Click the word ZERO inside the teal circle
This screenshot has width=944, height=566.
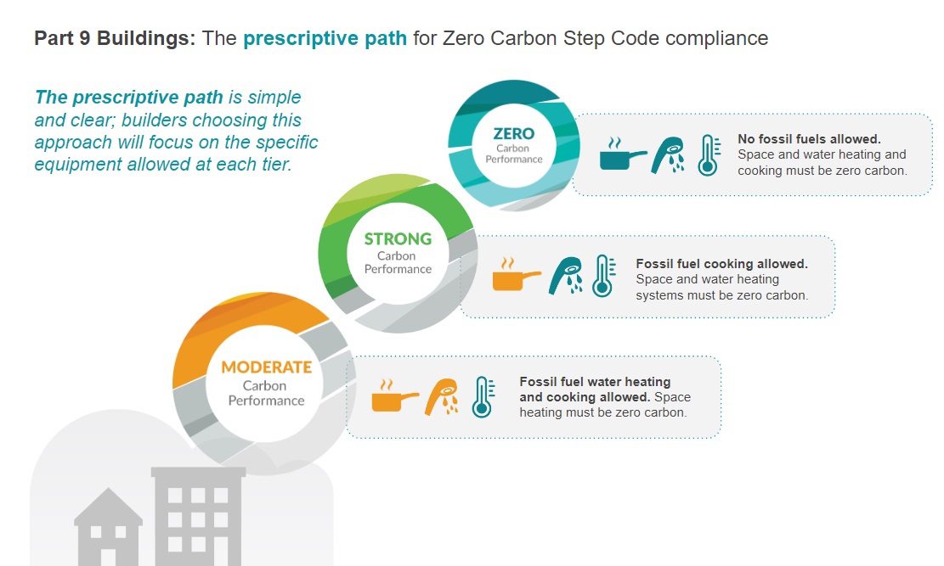click(514, 133)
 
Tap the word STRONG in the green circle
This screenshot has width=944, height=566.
click(398, 239)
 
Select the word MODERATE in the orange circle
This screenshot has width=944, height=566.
click(266, 367)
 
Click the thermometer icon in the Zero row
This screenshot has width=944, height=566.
click(708, 155)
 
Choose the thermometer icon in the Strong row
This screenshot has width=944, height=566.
click(602, 276)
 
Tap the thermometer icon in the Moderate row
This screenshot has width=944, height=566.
click(483, 396)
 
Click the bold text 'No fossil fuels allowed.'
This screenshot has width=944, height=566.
click(808, 139)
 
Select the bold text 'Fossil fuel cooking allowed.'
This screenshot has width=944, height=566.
click(721, 264)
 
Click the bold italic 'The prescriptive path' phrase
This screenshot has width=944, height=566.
click(128, 98)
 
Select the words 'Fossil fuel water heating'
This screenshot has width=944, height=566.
click(595, 382)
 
